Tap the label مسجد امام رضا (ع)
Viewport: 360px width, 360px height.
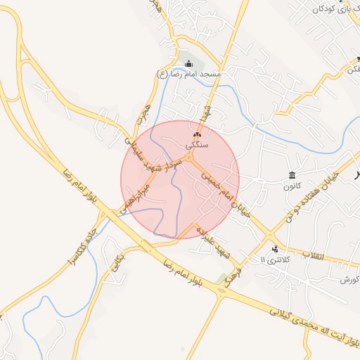pyautogui.click(x=188, y=74)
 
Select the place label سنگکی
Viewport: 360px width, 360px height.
pyautogui.click(x=196, y=143)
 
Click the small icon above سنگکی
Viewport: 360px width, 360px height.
pyautogui.click(x=196, y=134)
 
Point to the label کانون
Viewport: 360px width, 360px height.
pyautogui.click(x=292, y=186)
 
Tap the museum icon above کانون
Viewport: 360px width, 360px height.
pyautogui.click(x=292, y=175)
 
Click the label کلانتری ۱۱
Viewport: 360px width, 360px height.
pyautogui.click(x=274, y=260)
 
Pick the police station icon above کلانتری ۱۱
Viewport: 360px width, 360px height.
pyautogui.click(x=275, y=249)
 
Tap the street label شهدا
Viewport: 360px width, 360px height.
pyautogui.click(x=206, y=112)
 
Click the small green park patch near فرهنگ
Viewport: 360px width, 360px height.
pyautogui.click(x=224, y=279)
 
